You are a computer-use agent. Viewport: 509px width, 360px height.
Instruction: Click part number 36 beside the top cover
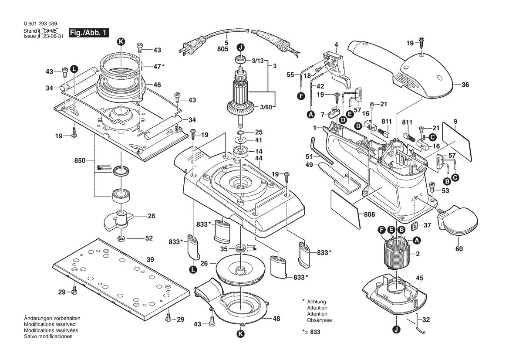tap(465, 85)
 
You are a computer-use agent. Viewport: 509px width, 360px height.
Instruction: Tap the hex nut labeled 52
tap(122, 238)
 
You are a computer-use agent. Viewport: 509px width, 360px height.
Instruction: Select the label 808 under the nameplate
tap(370, 214)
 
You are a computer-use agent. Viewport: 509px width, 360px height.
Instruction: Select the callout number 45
tap(420, 278)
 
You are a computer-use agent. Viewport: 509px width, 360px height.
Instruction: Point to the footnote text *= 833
tap(311, 332)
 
